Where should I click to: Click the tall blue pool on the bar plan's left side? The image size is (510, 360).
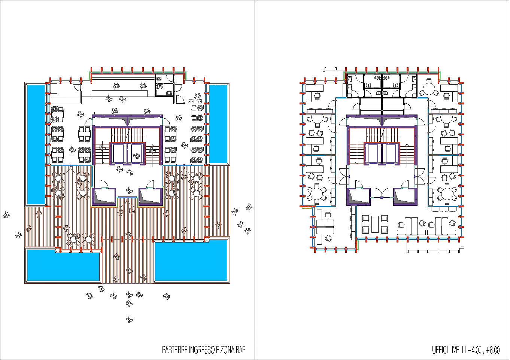[x=36, y=145]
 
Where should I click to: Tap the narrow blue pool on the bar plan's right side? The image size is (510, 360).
[x=218, y=124]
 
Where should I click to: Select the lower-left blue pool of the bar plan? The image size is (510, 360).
[x=63, y=265]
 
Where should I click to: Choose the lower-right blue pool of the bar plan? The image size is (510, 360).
[x=191, y=260]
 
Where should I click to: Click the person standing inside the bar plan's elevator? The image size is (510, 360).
[x=136, y=156]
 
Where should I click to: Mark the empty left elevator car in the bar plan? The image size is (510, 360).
[x=118, y=153]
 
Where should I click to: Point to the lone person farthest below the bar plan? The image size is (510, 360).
[x=129, y=320]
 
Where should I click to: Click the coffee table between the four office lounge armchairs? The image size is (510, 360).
[x=375, y=224]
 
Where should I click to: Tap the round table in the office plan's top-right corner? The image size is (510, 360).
[x=429, y=88]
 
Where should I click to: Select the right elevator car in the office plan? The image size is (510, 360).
[x=390, y=153]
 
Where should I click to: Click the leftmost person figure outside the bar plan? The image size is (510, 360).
[x=6, y=215]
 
